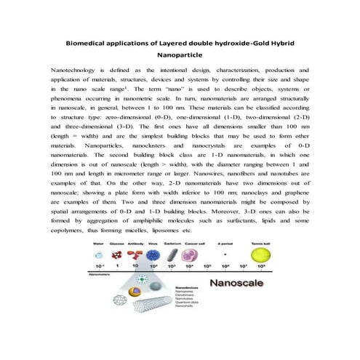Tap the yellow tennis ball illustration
pyautogui.click(x=257, y=256)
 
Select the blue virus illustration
pyautogui.click(x=153, y=257)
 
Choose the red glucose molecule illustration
pyautogui.click(x=116, y=256)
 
